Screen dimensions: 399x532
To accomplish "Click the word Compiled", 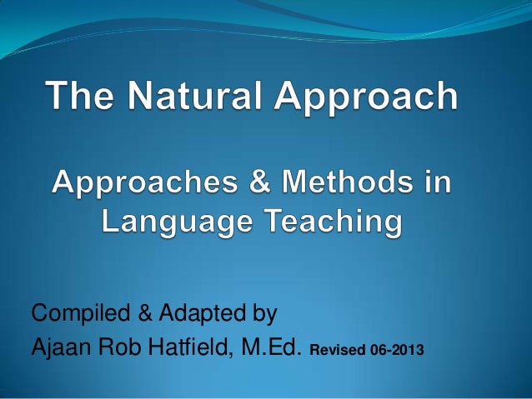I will tap(79, 315).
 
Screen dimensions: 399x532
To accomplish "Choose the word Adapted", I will tap(196, 316).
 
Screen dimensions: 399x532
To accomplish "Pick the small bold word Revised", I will tap(335, 349).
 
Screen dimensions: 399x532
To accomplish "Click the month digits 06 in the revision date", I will tap(374, 349).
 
